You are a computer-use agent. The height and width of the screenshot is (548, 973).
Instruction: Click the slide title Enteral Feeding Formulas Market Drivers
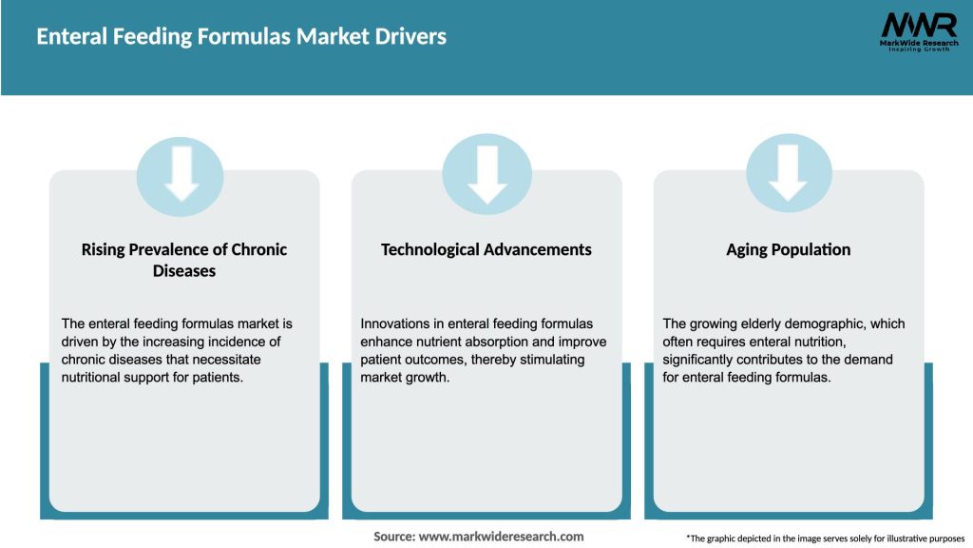coord(241,37)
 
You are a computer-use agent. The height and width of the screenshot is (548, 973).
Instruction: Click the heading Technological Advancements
coord(486,249)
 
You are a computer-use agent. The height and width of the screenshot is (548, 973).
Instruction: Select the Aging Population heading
coord(788,249)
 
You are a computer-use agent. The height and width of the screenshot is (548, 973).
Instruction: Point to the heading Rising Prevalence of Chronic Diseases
coord(184,260)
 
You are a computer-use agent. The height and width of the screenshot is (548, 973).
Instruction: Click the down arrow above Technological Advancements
coord(486,171)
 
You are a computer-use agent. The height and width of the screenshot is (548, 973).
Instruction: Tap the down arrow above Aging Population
coord(789,171)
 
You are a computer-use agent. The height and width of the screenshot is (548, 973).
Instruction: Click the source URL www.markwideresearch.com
coord(501,537)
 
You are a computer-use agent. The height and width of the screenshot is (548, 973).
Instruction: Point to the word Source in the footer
coord(393,537)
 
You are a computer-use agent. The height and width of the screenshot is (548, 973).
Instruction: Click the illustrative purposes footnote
coord(825,538)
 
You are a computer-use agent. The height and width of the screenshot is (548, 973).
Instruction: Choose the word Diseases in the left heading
coord(184,271)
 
